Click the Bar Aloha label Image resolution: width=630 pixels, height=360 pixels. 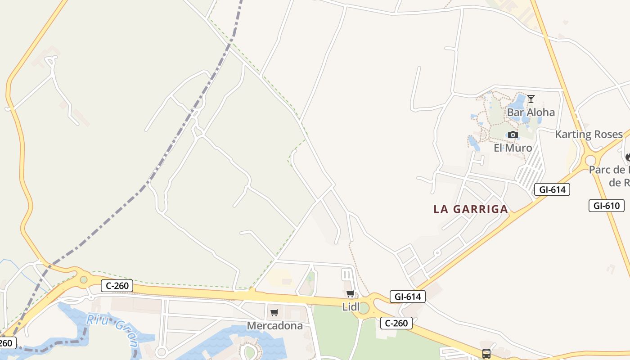(x=531, y=112)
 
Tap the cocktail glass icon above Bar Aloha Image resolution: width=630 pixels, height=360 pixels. (x=531, y=99)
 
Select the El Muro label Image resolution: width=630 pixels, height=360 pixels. (x=513, y=148)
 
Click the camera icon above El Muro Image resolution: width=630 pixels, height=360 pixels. (x=513, y=135)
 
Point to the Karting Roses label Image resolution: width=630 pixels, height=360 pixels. (x=589, y=134)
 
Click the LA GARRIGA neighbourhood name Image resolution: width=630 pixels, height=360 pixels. (x=471, y=209)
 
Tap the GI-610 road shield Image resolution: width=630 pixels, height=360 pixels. (x=606, y=206)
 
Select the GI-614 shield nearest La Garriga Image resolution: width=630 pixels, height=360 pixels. (x=552, y=189)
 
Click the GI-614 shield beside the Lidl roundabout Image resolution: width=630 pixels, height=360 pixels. (x=408, y=297)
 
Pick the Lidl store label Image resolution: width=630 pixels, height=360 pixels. (x=351, y=307)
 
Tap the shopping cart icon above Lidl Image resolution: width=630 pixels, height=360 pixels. (x=350, y=294)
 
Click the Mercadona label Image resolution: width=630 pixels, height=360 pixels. (x=274, y=326)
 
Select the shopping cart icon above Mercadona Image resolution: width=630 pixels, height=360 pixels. (x=274, y=312)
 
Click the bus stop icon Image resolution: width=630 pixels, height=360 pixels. (x=486, y=353)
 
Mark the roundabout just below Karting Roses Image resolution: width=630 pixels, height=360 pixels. (x=590, y=160)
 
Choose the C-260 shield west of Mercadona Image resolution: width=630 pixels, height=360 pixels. (x=117, y=285)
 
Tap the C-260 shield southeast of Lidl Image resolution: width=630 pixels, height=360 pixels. (x=396, y=323)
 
